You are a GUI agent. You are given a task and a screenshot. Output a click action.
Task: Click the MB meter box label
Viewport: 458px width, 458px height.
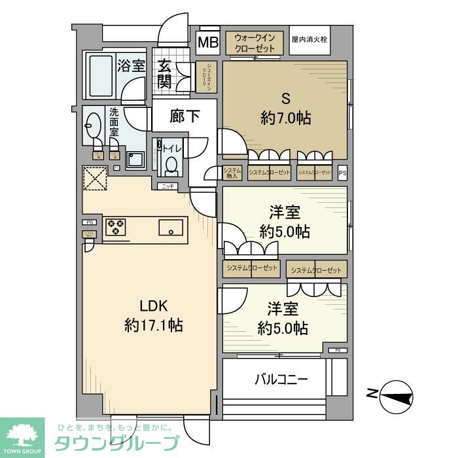click(208, 44)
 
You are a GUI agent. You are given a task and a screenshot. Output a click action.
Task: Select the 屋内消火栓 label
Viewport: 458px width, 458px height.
click(309, 39)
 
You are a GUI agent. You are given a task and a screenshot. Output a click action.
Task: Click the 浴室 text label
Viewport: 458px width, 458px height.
click(130, 65)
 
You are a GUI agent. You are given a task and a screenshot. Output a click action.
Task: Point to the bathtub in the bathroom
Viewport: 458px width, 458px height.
click(101, 76)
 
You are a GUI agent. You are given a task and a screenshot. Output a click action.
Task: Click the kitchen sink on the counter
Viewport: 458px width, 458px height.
click(172, 228)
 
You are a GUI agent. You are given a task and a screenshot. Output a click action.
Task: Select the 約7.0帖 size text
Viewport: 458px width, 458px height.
click(285, 118)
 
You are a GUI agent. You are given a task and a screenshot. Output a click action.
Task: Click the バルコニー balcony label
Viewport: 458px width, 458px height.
click(281, 379)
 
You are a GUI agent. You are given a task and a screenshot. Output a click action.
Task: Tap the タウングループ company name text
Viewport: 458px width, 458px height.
click(115, 442)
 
